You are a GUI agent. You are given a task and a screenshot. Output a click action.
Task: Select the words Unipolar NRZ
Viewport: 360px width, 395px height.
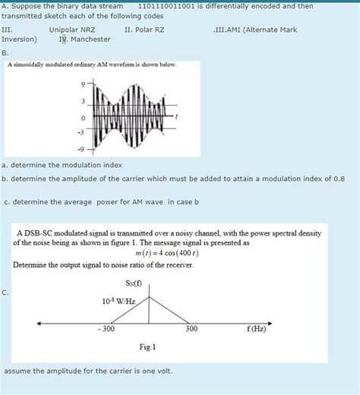(72, 30)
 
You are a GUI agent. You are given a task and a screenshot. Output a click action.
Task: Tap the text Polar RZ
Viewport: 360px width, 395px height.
(147, 30)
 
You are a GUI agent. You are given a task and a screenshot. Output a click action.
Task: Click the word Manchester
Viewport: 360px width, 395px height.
(90, 39)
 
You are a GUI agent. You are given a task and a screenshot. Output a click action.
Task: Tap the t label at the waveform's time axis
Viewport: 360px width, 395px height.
(177, 116)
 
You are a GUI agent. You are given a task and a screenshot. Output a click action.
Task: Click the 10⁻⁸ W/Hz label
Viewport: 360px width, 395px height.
(118, 302)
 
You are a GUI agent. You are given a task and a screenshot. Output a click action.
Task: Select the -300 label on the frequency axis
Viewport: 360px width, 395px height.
(106, 330)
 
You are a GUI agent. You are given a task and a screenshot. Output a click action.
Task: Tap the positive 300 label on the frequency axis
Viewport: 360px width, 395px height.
(192, 330)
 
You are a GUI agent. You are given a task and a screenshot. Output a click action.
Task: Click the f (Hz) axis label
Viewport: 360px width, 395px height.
(257, 330)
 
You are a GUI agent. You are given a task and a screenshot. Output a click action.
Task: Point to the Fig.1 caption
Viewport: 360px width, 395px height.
(147, 348)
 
